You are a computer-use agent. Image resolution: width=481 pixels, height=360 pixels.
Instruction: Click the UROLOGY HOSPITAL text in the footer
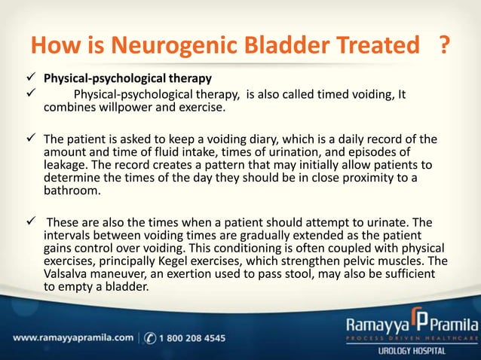(423, 351)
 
